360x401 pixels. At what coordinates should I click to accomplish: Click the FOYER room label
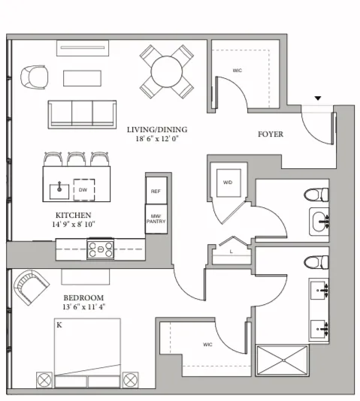(x=270, y=134)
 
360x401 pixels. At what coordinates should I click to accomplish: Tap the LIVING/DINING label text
(x=156, y=129)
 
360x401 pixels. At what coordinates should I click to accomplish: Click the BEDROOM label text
(x=83, y=297)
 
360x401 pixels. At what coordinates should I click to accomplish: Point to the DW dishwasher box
(x=83, y=190)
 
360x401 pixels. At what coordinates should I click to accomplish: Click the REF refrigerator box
(x=156, y=191)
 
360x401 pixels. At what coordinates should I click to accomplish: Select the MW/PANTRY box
(x=156, y=219)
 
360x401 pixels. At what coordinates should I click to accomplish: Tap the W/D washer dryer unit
(x=226, y=183)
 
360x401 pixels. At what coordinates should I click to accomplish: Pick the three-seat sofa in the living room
(x=83, y=113)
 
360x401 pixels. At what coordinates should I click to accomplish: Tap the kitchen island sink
(x=58, y=190)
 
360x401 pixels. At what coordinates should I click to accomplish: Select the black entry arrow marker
(x=318, y=98)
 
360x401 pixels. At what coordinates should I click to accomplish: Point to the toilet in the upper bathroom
(x=318, y=194)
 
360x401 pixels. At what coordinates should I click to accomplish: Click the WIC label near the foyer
(x=237, y=71)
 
